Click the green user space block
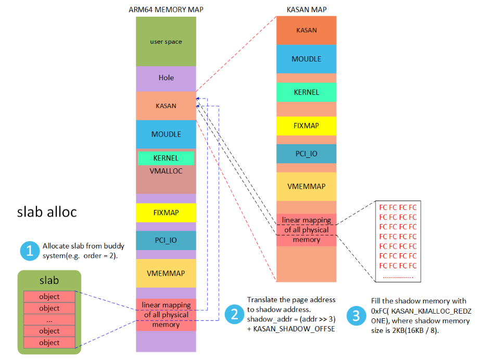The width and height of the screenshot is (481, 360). click(166, 41)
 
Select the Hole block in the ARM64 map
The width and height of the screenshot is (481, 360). click(166, 78)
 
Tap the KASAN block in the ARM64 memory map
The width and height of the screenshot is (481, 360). click(166, 106)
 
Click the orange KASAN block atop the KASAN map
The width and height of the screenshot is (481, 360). click(306, 30)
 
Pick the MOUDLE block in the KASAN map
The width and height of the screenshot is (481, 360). click(306, 59)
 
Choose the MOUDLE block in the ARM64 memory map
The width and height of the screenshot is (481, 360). click(166, 134)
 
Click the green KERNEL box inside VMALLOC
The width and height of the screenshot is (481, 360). click(166, 158)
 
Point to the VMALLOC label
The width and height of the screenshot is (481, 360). click(166, 171)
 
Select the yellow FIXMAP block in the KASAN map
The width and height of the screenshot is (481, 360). click(306, 126)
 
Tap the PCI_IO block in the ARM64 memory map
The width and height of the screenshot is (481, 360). click(166, 240)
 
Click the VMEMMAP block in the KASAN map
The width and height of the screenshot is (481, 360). click(306, 187)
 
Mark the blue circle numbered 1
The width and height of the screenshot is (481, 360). click(30, 251)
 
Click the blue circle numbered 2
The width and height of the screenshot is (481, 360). click(234, 315)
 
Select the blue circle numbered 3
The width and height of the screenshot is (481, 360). click(356, 315)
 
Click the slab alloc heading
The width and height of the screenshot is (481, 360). click(47, 212)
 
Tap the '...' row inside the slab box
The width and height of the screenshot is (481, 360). click(49, 319)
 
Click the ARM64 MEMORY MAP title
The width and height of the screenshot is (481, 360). click(166, 9)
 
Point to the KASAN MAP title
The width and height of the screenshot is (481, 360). click(306, 9)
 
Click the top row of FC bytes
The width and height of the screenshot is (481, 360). click(398, 207)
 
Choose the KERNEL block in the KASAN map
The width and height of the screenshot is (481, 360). click(306, 92)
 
